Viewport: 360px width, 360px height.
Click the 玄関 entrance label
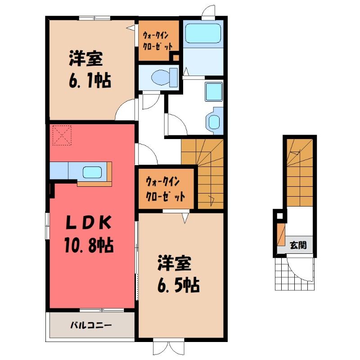coord(298,245)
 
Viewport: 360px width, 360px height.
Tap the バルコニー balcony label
coord(91,325)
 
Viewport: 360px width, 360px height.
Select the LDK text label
coord(89,222)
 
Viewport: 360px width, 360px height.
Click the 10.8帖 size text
coord(89,245)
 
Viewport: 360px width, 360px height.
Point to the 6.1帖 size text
coord(90,80)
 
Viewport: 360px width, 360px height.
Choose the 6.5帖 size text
coord(178,285)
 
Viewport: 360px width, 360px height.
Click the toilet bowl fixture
coord(164,77)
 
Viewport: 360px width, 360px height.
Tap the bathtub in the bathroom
coord(203,33)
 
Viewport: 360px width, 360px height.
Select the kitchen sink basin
coord(92,172)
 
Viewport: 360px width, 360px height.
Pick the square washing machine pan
coord(214,92)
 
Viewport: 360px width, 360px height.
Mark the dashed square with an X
coord(62,135)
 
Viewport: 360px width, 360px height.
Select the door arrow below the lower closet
coord(185,218)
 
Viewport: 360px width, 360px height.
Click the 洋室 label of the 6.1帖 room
coord(85,59)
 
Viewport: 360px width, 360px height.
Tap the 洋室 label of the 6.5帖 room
coord(174,263)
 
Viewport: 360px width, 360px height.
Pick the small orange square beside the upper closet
coord(176,57)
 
